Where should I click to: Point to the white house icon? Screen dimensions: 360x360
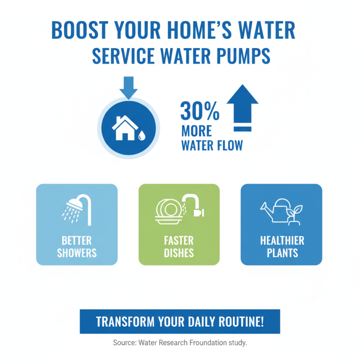[125, 127]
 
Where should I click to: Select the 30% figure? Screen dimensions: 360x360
[200, 111]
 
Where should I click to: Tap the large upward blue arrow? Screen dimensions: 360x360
[242, 108]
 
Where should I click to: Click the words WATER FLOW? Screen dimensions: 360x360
[211, 146]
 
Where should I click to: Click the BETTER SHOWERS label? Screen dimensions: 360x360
[76, 246]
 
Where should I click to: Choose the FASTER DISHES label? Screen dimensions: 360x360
[179, 246]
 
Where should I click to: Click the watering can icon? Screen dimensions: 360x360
[275, 210]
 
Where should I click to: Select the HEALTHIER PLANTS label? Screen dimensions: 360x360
[282, 246]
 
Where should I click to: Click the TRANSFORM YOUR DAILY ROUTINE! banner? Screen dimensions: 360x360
[180, 322]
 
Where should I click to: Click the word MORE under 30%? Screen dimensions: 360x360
[197, 131]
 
